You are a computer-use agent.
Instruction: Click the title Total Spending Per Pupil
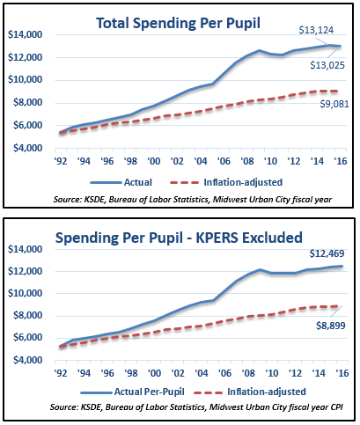[x=178, y=24]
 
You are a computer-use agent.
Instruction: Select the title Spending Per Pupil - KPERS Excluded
[x=179, y=238]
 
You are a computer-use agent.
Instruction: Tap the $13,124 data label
[x=316, y=30]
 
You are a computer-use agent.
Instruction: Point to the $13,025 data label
[x=327, y=65]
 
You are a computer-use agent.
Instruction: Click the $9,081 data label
[x=334, y=104]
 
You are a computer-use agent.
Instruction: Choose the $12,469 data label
[x=327, y=253]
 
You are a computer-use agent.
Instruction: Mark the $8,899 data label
[x=331, y=326]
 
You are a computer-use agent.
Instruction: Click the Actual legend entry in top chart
[x=121, y=182]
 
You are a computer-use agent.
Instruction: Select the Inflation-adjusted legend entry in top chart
[x=226, y=182]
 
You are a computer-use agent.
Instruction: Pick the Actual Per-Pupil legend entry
[x=132, y=392]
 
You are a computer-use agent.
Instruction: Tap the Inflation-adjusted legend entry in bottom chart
[x=250, y=392]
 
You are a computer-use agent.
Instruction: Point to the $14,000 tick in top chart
[x=25, y=34]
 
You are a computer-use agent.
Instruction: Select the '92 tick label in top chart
[x=61, y=161]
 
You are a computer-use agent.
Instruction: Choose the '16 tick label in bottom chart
[x=342, y=373]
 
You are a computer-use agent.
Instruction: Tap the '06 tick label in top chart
[x=224, y=161]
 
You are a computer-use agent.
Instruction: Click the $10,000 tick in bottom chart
[x=25, y=293]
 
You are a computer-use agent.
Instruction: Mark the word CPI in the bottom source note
[x=336, y=407]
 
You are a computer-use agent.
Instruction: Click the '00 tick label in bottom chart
[x=154, y=373]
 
